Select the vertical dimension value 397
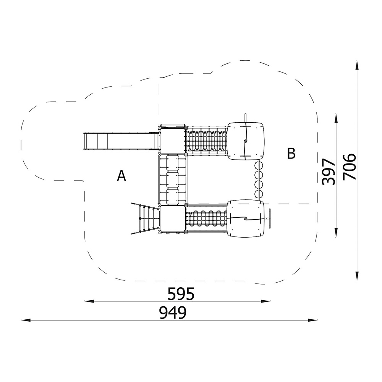point(329,172)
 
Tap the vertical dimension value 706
point(349,167)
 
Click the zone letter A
point(121,176)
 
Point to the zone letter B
point(291,154)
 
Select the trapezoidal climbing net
point(146,218)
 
